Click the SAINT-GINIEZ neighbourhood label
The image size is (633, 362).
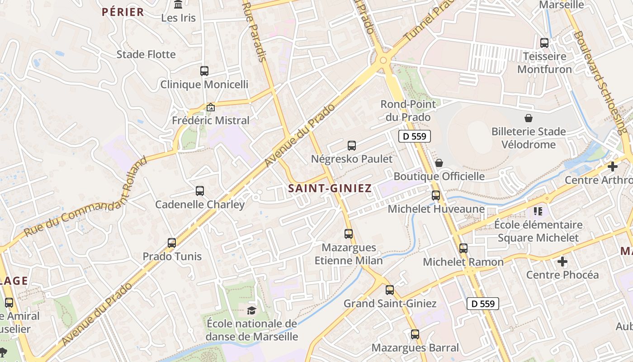pos(330,188)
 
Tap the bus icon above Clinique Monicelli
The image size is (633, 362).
pos(204,71)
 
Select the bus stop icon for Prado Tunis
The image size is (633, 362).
pos(172,243)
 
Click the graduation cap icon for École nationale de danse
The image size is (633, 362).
pos(251,310)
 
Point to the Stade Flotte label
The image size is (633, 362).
pos(146,54)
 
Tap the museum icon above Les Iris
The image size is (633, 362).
pos(179,5)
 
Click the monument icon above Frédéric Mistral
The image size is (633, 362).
pos(210,108)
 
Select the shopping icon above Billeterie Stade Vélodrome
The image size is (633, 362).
pos(529,119)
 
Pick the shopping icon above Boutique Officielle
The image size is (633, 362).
pos(439,163)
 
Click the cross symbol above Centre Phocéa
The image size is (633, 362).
pos(562,262)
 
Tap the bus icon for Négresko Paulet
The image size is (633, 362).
pos(352,146)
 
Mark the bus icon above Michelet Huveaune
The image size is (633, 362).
pos(436,195)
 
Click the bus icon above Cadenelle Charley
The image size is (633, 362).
pos(200,191)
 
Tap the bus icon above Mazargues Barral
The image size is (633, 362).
pos(415,335)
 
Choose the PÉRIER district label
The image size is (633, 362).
pos(123,12)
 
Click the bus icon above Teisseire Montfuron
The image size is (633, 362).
pos(544,43)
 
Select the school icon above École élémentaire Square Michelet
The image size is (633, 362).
pos(538,211)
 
